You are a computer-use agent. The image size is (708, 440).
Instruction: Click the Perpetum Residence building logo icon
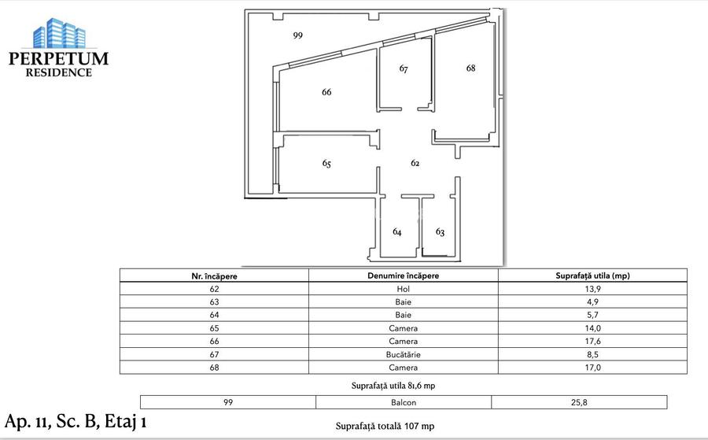click(x=57, y=32)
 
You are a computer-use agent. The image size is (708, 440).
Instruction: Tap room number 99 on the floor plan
click(x=297, y=35)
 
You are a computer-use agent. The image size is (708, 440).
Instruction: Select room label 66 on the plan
click(x=326, y=92)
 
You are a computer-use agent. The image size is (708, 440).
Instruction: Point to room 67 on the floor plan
click(x=404, y=69)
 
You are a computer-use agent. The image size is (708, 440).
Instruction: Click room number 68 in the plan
click(x=470, y=68)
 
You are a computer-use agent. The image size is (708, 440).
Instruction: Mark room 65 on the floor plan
click(x=326, y=164)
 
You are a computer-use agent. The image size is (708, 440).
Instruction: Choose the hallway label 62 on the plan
click(x=415, y=163)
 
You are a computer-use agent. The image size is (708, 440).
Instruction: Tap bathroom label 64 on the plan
click(x=397, y=232)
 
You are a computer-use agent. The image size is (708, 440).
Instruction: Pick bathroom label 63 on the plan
click(x=440, y=232)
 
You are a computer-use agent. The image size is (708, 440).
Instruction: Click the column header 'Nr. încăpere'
click(x=214, y=275)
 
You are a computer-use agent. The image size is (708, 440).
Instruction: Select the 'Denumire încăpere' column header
click(x=403, y=275)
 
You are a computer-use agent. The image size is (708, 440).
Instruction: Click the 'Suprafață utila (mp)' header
click(x=592, y=275)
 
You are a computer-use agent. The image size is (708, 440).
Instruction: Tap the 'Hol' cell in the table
click(x=403, y=289)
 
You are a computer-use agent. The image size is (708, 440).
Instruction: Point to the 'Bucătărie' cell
click(x=403, y=354)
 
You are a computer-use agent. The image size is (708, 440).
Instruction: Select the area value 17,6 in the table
click(x=592, y=342)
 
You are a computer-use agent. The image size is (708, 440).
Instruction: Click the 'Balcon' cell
click(x=403, y=402)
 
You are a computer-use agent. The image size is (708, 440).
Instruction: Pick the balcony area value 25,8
click(x=578, y=402)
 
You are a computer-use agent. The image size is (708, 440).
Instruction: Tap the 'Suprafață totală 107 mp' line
click(x=385, y=426)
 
